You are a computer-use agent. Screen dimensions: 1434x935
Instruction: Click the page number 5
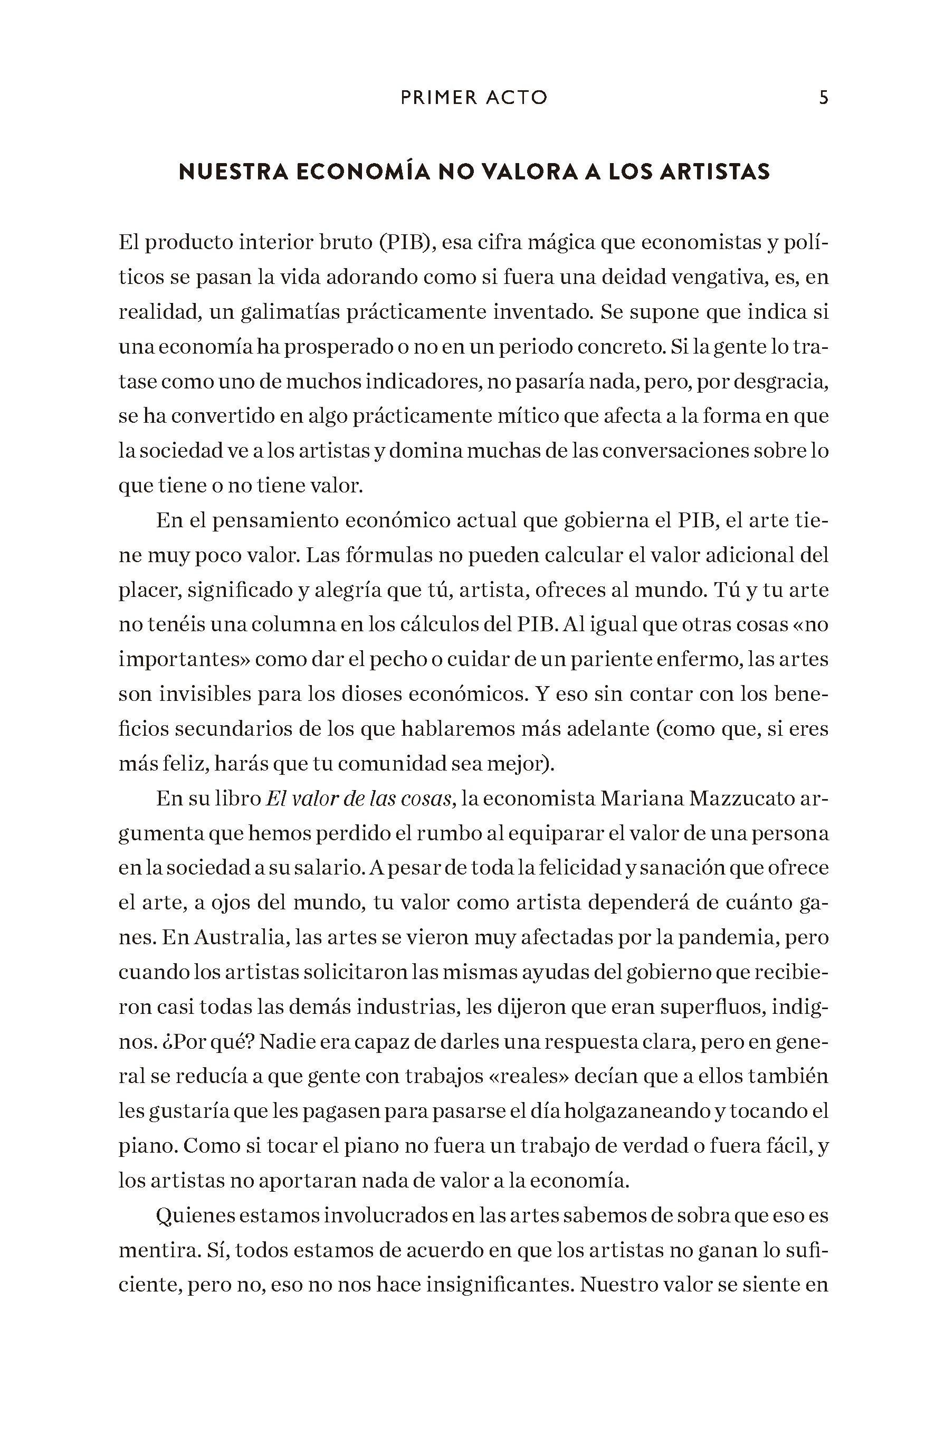(x=824, y=98)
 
